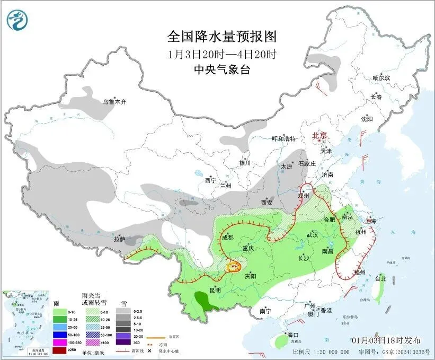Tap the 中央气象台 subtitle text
tap(221, 69)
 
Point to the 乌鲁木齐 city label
tap(114, 101)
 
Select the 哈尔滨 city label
tap(380, 78)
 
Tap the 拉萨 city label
tap(119, 240)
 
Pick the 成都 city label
tap(227, 238)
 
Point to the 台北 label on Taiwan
tap(380, 278)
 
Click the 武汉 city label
tap(312, 234)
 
